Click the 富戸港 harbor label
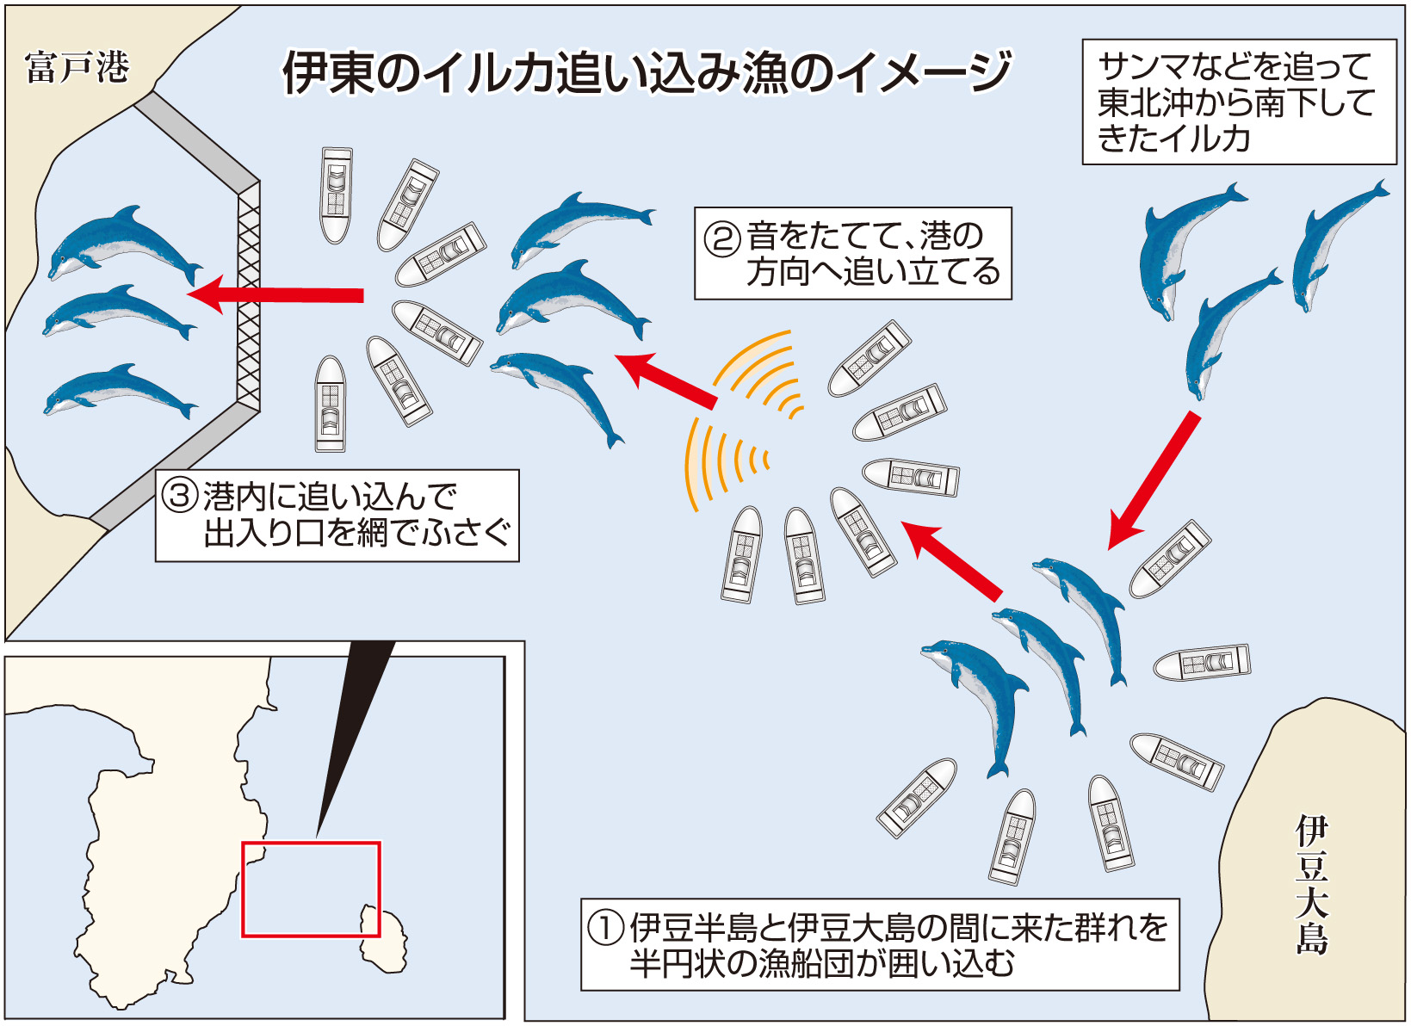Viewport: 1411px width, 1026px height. [77, 67]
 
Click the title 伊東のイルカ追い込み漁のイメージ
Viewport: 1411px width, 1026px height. [646, 72]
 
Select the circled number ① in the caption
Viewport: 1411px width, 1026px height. [605, 928]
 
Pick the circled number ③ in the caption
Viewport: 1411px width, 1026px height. [181, 497]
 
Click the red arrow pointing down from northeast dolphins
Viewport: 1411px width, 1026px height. [1154, 479]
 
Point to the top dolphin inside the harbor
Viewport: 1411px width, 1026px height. [125, 244]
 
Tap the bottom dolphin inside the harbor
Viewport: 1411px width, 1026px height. [121, 392]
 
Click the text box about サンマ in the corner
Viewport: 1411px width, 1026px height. [1238, 102]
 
